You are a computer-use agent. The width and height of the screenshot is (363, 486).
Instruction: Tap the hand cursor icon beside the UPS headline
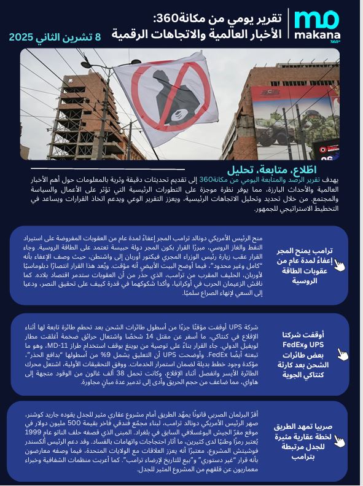(x=343, y=355)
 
